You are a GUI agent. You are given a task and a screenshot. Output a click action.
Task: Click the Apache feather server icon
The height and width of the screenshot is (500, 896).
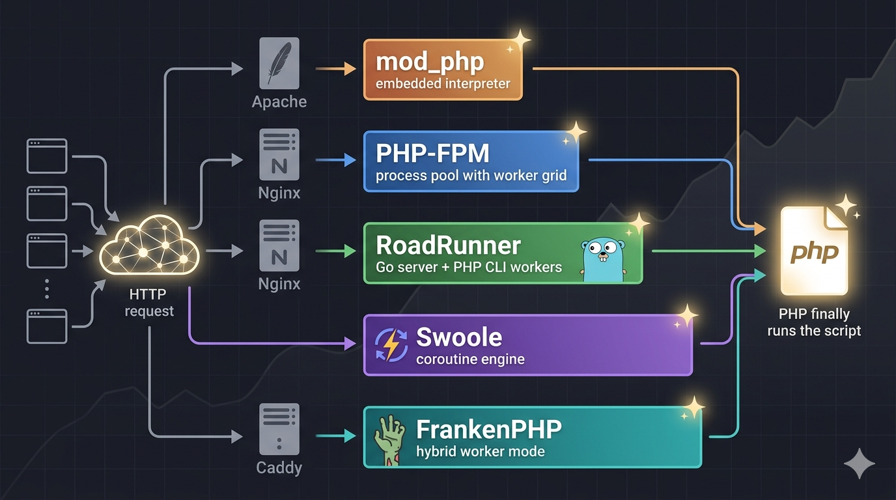tap(279, 62)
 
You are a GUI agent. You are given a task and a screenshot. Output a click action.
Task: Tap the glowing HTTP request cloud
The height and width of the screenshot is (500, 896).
tap(149, 245)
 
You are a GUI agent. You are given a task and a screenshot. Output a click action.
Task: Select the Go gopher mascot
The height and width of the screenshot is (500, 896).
tap(604, 260)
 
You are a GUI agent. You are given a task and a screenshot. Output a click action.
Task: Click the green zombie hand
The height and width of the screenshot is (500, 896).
tap(389, 440)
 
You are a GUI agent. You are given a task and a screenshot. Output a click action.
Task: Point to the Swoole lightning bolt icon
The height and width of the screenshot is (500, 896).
tap(391, 345)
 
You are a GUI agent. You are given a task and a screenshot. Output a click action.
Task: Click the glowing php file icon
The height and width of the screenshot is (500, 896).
tap(814, 251)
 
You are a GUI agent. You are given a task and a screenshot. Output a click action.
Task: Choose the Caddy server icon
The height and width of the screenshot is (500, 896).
tap(279, 429)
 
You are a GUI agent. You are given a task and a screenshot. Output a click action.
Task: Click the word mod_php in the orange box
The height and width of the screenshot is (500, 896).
tap(430, 62)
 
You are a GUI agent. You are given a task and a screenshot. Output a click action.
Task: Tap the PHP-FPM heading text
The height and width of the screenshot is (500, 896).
tap(432, 153)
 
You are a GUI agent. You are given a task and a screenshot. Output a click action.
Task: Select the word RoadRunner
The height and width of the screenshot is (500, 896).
tap(448, 245)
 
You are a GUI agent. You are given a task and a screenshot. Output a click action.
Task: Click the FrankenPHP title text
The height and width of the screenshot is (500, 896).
tap(489, 429)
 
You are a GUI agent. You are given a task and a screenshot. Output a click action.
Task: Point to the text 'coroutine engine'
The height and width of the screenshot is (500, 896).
tap(470, 359)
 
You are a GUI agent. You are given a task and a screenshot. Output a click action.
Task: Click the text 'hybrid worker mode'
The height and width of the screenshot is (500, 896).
tap(481, 452)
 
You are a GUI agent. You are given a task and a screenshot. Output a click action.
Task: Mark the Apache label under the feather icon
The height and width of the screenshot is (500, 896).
tap(279, 102)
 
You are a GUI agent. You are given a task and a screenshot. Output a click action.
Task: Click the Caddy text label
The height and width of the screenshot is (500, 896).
tap(279, 467)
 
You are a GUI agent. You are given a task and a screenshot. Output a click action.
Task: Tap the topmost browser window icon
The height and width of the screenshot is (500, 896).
tap(47, 156)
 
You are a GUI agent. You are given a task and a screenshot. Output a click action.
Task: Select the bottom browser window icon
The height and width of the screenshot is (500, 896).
tap(47, 326)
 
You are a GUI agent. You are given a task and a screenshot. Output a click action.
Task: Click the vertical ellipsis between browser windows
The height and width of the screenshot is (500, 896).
tap(47, 289)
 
